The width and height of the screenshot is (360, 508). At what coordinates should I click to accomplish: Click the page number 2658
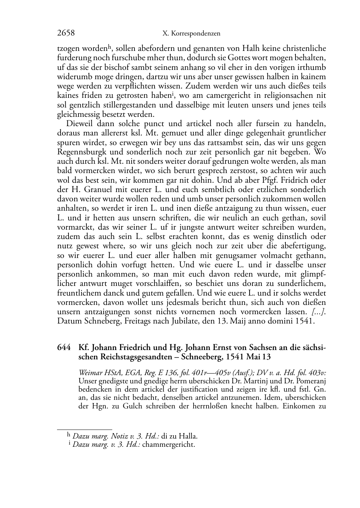pos(66,33)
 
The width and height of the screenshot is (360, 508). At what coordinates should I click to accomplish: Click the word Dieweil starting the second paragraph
pos(80,124)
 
